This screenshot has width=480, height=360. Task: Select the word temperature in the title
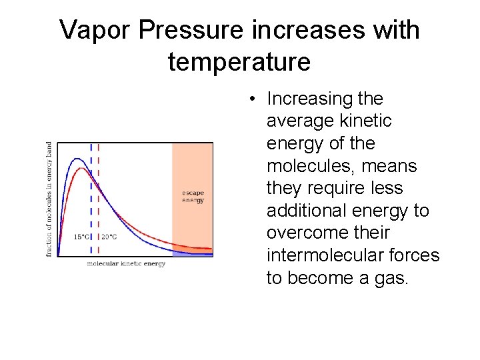point(239,62)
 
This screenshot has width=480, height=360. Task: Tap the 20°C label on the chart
point(109,237)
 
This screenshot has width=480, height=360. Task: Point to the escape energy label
point(193,197)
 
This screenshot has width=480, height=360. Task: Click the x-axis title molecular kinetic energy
point(126,264)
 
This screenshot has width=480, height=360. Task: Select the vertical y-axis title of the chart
point(49,199)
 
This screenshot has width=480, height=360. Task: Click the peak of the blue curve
point(78,159)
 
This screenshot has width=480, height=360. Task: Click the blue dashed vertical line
point(91,200)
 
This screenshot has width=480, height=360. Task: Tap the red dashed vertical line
point(99,200)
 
